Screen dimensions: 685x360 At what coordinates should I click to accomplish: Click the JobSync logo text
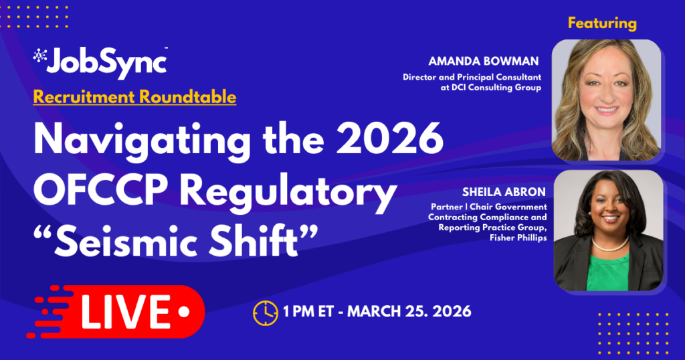coord(106,64)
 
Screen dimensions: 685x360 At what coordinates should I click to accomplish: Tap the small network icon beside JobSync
coord(39,55)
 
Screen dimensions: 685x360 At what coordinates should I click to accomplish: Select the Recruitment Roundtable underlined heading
coord(134,97)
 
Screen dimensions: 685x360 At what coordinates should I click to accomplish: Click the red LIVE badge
coord(115,312)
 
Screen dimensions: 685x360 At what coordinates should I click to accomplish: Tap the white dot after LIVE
coord(184,312)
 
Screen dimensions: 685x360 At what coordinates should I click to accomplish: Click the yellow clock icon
coord(265,312)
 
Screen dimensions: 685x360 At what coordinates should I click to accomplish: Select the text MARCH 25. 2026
coord(409,312)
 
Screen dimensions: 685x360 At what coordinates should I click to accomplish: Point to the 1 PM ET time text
coord(308,312)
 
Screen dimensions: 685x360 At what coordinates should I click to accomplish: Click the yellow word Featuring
coord(602,23)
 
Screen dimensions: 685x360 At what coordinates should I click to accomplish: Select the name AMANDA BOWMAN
coord(484,61)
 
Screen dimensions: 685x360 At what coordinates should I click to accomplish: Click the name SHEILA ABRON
coord(504,192)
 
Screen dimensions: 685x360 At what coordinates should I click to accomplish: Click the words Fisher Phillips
coord(518,238)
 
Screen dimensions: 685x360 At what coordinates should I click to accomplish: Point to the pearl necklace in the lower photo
coord(609,246)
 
